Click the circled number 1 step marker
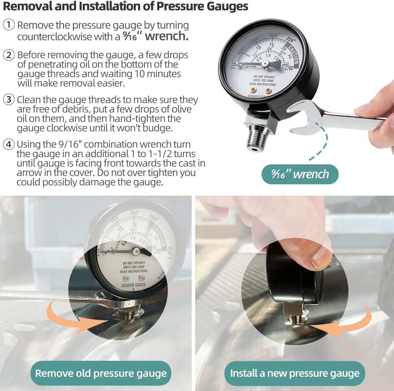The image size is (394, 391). click(9, 25)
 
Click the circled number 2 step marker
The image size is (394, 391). click(9, 55)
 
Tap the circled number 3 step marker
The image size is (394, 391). click(9, 100)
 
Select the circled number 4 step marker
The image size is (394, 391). click(9, 144)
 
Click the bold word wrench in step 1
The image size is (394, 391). click(167, 36)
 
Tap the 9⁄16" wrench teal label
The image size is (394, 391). click(300, 174)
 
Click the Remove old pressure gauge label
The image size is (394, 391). click(101, 373)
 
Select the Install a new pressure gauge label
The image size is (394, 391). click(295, 373)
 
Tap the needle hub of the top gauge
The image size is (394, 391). click(265, 64)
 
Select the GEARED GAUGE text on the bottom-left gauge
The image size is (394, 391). click(134, 285)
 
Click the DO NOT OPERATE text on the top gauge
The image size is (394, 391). click(264, 76)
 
